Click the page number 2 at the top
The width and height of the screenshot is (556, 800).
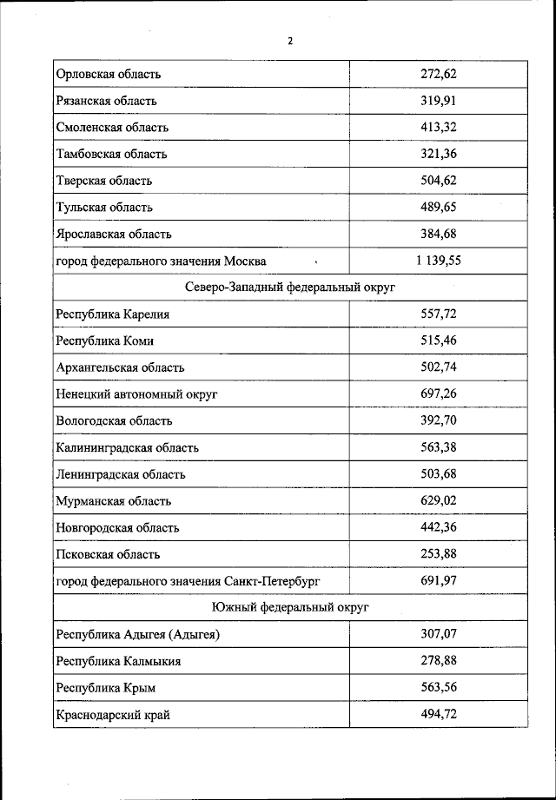pyautogui.click(x=290, y=41)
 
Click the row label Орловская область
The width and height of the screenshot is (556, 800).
pyautogui.click(x=109, y=74)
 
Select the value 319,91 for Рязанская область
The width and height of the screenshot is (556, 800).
pyautogui.click(x=439, y=101)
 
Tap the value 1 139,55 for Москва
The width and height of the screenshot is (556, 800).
pyautogui.click(x=438, y=260)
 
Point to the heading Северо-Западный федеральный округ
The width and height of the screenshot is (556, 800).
pyautogui.click(x=290, y=288)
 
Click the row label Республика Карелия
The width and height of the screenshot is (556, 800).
pyautogui.click(x=112, y=314)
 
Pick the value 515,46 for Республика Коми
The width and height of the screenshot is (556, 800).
pyautogui.click(x=439, y=340)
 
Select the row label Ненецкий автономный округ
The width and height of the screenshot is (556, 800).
pyautogui.click(x=136, y=394)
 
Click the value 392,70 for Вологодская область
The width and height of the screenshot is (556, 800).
pyautogui.click(x=439, y=420)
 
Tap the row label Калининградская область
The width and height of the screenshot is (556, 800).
pyautogui.click(x=127, y=447)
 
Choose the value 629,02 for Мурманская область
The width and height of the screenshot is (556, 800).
pyautogui.click(x=439, y=500)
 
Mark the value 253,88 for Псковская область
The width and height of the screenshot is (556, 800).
pyautogui.click(x=439, y=553)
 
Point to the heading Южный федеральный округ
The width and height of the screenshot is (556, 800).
pyautogui.click(x=290, y=607)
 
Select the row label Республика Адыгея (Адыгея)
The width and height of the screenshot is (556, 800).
pyautogui.click(x=137, y=634)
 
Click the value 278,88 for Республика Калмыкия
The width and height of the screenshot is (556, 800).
pyautogui.click(x=439, y=660)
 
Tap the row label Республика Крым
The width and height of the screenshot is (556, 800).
pyautogui.click(x=106, y=688)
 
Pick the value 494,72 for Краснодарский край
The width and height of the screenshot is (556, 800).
pyautogui.click(x=439, y=714)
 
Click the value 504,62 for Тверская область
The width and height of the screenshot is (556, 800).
pyautogui.click(x=439, y=181)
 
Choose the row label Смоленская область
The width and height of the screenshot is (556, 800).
pyautogui.click(x=112, y=128)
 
